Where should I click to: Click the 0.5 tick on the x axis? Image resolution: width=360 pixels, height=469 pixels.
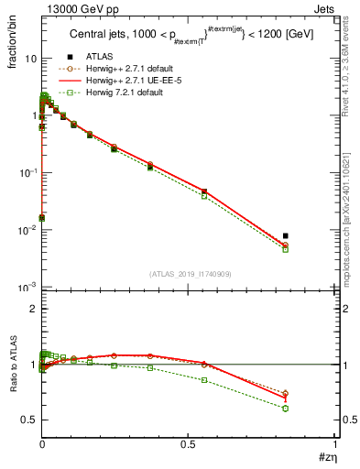pyautogui.click(x=189, y=443)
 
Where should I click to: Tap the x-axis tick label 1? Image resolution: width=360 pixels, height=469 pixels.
pyautogui.click(x=336, y=443)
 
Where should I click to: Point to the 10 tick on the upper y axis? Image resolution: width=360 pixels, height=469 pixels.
pyautogui.click(x=30, y=58)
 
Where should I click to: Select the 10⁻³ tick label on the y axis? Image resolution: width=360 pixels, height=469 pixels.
pyautogui.click(x=27, y=288)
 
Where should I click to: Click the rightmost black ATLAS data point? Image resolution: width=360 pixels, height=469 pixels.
pyautogui.click(x=286, y=235)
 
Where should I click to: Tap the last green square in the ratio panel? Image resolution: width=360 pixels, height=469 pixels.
pyautogui.click(x=286, y=409)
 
